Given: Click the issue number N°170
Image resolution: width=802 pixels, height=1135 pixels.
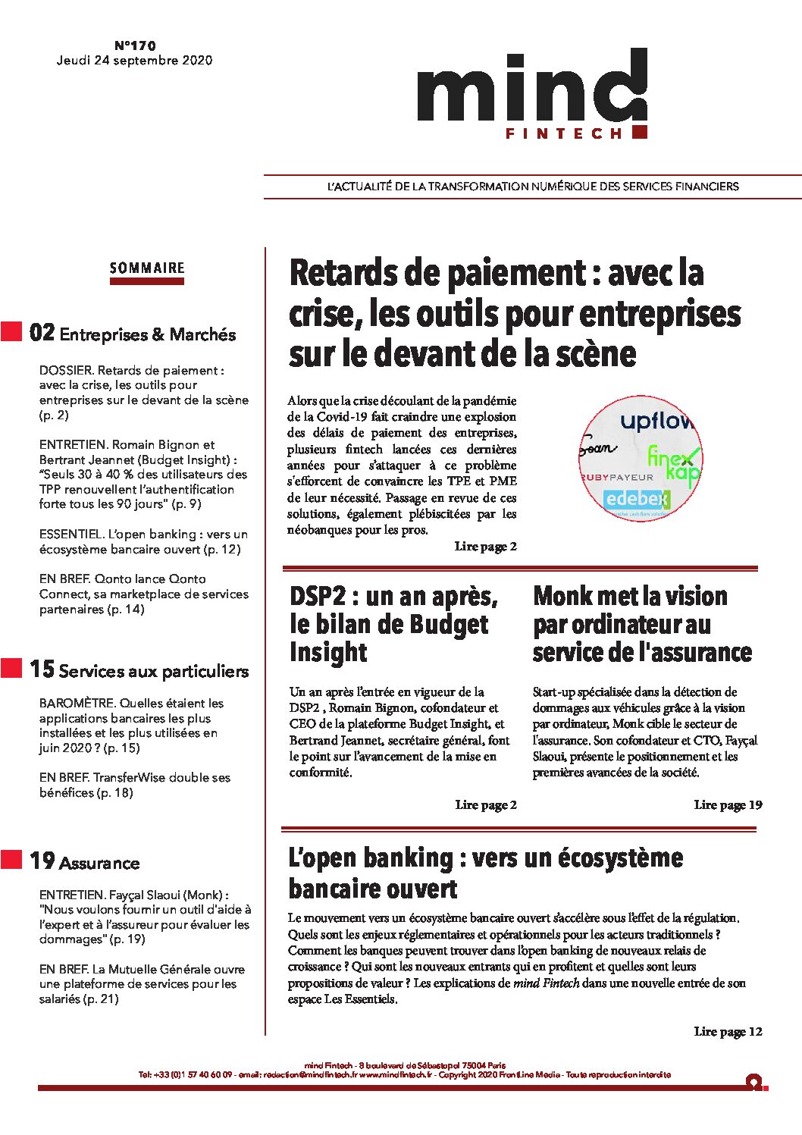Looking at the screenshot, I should click(x=135, y=45).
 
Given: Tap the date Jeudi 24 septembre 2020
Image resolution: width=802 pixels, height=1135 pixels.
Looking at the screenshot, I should click(x=134, y=61).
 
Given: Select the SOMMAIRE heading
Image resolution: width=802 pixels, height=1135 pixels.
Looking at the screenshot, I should click(x=147, y=268).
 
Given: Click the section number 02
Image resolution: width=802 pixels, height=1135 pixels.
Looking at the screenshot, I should click(x=42, y=333).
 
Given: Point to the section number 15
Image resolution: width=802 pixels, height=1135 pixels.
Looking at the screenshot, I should click(x=42, y=669).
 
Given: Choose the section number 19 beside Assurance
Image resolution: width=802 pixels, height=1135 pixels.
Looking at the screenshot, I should click(x=42, y=861).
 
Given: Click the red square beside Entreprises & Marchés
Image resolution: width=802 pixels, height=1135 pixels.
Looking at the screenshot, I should click(x=11, y=331).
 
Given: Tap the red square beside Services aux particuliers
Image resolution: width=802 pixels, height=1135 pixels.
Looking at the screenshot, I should click(x=11, y=668).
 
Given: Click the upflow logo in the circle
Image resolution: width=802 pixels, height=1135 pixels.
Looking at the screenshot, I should click(x=656, y=422).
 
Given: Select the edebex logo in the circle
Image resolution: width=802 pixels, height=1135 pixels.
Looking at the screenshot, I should click(x=637, y=499).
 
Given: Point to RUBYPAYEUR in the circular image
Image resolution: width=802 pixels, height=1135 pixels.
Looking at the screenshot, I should click(x=618, y=477).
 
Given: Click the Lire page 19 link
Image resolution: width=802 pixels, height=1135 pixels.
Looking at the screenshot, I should click(x=728, y=805).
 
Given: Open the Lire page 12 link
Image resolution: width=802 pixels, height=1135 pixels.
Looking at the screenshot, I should click(x=728, y=1032).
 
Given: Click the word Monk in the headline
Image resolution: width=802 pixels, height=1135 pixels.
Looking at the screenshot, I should click(x=563, y=597).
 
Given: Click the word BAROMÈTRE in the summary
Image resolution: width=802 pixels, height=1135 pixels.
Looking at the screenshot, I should click(x=77, y=704).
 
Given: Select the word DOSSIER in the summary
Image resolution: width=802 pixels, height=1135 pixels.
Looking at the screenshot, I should click(x=66, y=371).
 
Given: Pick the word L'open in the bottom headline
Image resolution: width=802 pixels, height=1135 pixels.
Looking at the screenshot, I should click(x=322, y=858).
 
